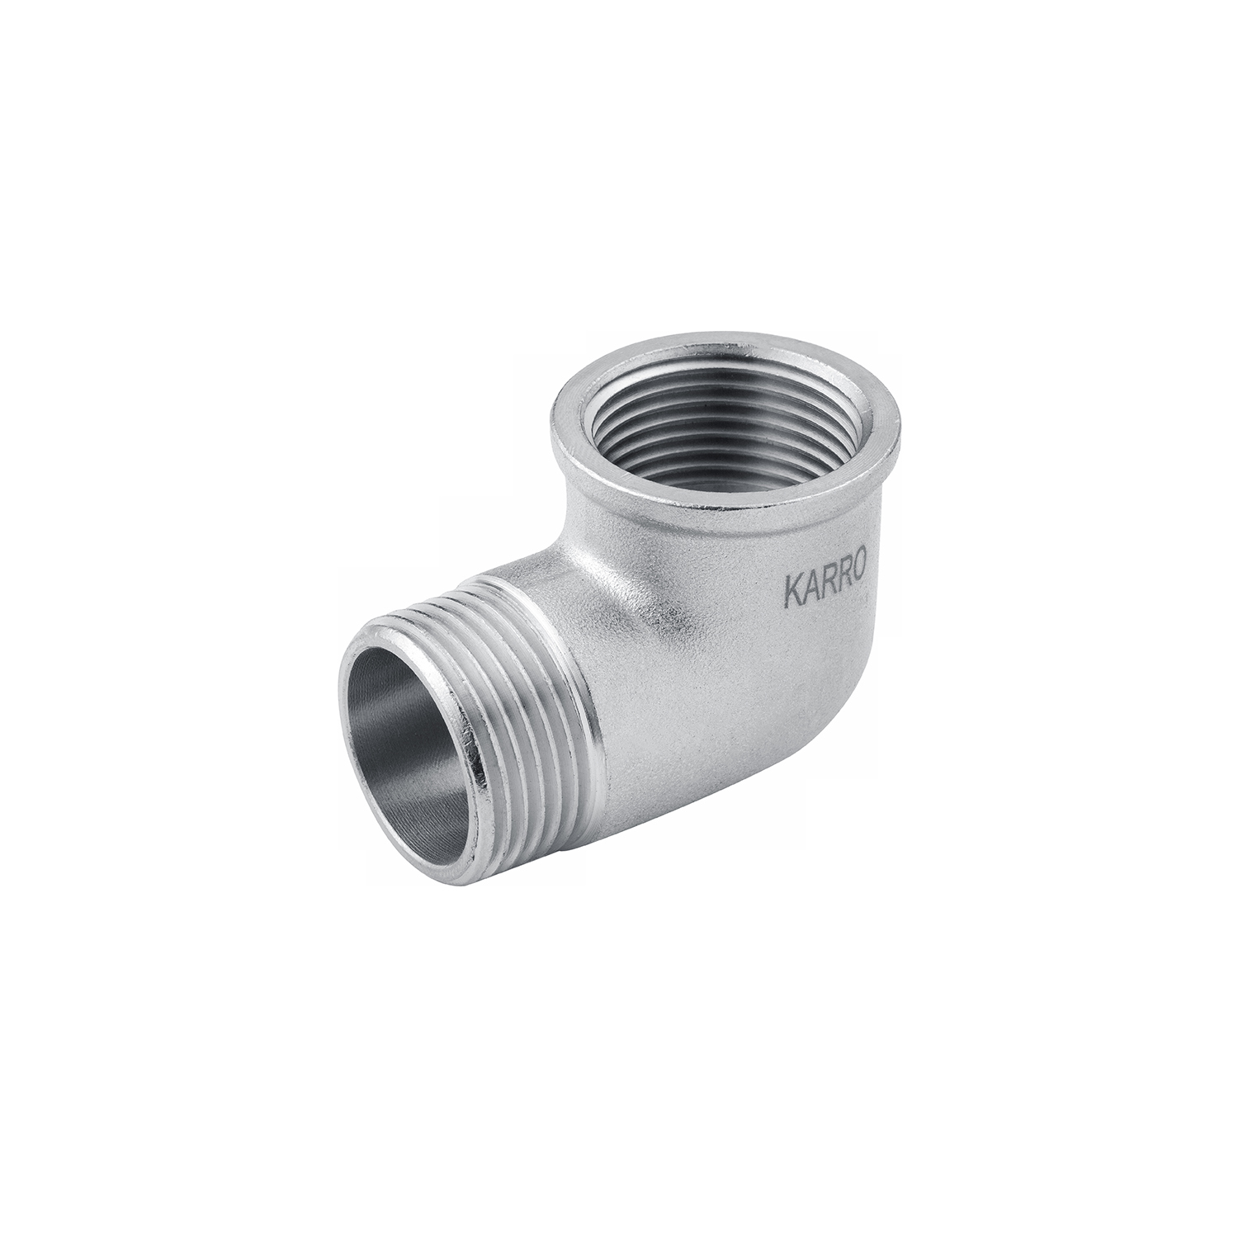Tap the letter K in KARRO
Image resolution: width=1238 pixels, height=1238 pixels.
[791, 596]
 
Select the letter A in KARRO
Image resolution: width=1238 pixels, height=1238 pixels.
[809, 592]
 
